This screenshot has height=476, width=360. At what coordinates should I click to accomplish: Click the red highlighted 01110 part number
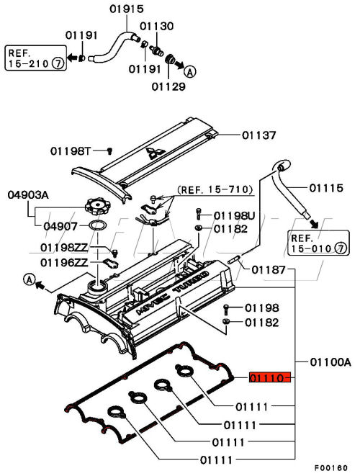[269, 377]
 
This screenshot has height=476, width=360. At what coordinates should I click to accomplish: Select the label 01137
[259, 135]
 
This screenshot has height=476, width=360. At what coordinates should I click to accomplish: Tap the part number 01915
[126, 9]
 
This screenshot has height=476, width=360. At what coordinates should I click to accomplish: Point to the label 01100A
[330, 362]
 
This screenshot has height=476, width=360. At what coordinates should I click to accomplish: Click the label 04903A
[28, 194]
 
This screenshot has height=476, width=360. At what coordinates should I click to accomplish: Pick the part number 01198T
[71, 151]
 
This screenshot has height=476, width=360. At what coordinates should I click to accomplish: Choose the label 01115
[326, 188]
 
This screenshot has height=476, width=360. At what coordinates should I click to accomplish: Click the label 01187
[269, 269]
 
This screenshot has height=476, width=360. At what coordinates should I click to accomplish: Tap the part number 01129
[168, 87]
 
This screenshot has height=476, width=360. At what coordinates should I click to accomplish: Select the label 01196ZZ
[64, 262]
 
